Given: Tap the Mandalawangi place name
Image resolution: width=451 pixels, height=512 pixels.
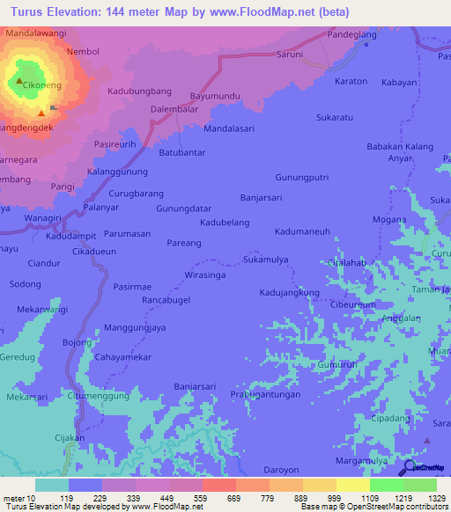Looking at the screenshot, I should click(x=36, y=33).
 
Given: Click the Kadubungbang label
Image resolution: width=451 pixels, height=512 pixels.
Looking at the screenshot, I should click(x=139, y=91).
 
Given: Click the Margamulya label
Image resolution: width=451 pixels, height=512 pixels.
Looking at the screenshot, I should click(x=362, y=461).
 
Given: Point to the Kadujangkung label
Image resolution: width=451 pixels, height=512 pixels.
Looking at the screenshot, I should click(x=289, y=291).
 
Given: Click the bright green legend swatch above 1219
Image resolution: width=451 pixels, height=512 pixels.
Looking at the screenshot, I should click(x=386, y=485).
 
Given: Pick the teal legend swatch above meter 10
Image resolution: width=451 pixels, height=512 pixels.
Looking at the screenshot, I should click(x=51, y=485).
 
